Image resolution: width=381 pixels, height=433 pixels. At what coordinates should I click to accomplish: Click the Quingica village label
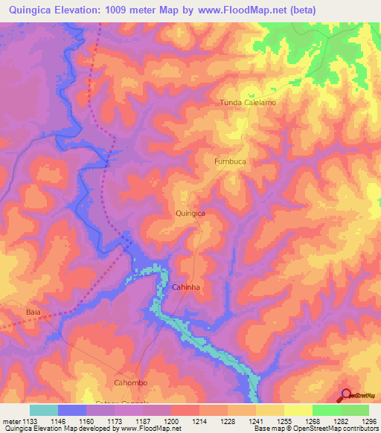point(190,213)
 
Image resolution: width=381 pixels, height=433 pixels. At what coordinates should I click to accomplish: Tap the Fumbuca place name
point(230,161)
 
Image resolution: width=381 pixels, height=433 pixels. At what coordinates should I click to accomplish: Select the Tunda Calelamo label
point(248,103)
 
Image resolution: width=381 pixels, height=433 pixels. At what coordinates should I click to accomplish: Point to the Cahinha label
point(187,286)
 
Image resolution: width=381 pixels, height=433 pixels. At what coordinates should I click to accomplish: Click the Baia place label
point(33,312)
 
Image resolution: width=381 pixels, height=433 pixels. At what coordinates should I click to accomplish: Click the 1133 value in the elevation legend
point(34,421)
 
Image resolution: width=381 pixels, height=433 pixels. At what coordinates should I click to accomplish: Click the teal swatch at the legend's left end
point(44,410)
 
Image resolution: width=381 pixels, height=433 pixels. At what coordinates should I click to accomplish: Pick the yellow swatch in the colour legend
point(298,410)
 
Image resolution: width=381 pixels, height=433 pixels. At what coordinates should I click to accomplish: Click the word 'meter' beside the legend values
point(12,421)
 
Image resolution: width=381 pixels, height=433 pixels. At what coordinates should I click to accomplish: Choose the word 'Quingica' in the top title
point(35,10)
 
